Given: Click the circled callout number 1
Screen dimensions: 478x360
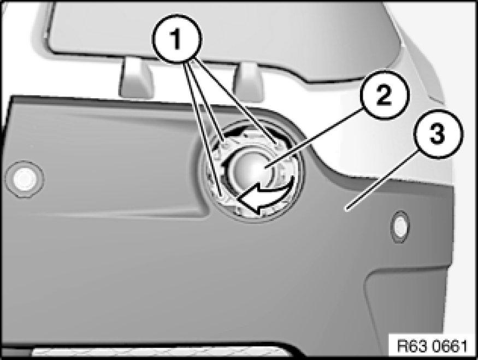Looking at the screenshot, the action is [177, 39].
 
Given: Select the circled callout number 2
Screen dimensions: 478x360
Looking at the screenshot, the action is [383, 95].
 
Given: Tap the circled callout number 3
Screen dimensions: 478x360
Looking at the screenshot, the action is [438, 134].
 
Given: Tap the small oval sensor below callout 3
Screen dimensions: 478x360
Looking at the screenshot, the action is [400, 227].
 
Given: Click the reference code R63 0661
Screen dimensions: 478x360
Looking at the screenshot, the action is [432, 346].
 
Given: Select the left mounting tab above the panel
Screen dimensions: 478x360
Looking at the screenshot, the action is [135, 77].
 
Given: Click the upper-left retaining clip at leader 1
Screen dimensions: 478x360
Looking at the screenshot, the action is [225, 143].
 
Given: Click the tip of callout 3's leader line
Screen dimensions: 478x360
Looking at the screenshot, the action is [345, 210].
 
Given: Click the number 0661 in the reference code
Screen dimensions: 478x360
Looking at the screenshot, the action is [450, 346].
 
